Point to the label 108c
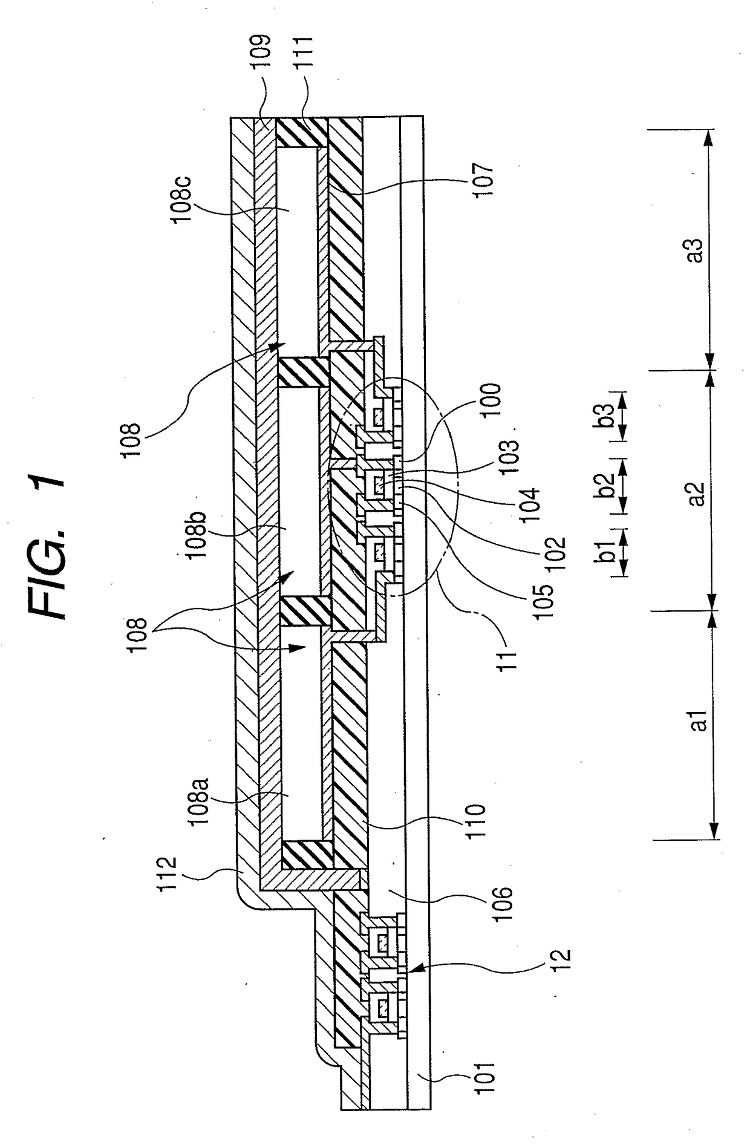pos(183,192)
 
